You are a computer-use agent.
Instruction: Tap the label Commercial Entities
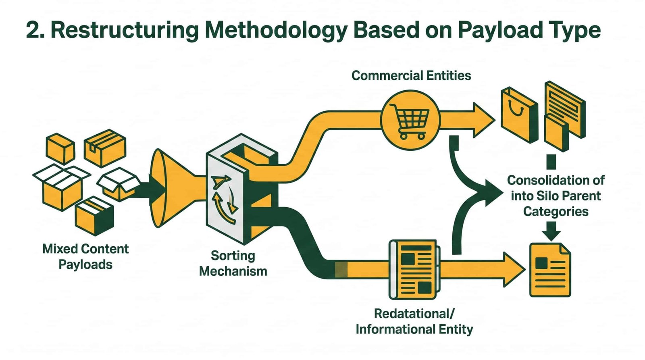click(x=411, y=76)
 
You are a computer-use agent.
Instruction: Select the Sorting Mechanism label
click(x=233, y=264)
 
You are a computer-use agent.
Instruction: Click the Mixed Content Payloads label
click(x=85, y=257)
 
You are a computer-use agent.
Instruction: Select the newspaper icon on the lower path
click(x=414, y=270)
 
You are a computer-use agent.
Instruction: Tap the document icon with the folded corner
click(x=550, y=270)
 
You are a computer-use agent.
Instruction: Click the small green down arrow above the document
click(x=551, y=231)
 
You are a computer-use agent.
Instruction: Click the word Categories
click(x=556, y=212)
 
